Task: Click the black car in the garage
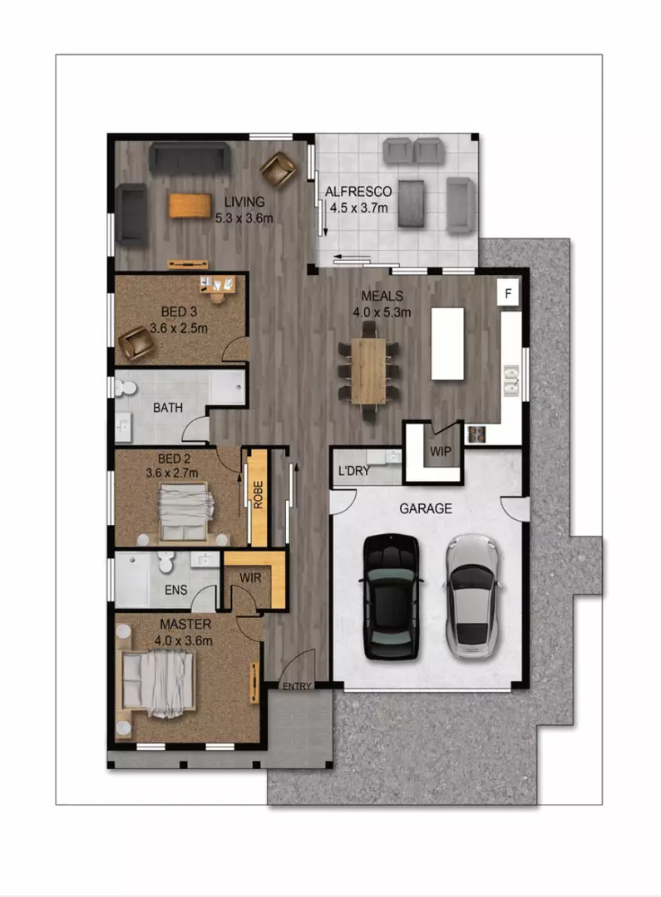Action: click(x=392, y=596)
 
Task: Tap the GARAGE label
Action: click(x=426, y=508)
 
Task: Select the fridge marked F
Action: click(x=508, y=294)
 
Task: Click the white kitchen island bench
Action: click(x=447, y=344)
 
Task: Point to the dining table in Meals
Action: click(x=368, y=371)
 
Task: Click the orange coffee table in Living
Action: click(x=190, y=206)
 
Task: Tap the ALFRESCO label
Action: click(x=358, y=192)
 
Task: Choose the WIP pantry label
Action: click(x=440, y=451)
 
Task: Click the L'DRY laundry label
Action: click(x=354, y=471)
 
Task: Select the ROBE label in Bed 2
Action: click(x=259, y=495)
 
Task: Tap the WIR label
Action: click(x=250, y=578)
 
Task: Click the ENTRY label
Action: click(x=297, y=686)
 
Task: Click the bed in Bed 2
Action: click(x=185, y=512)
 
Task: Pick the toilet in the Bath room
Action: click(x=125, y=389)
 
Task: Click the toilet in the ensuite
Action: click(x=166, y=562)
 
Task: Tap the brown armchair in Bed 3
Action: click(x=136, y=343)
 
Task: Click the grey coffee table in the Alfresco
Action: click(x=412, y=203)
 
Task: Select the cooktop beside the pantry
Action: click(x=476, y=434)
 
